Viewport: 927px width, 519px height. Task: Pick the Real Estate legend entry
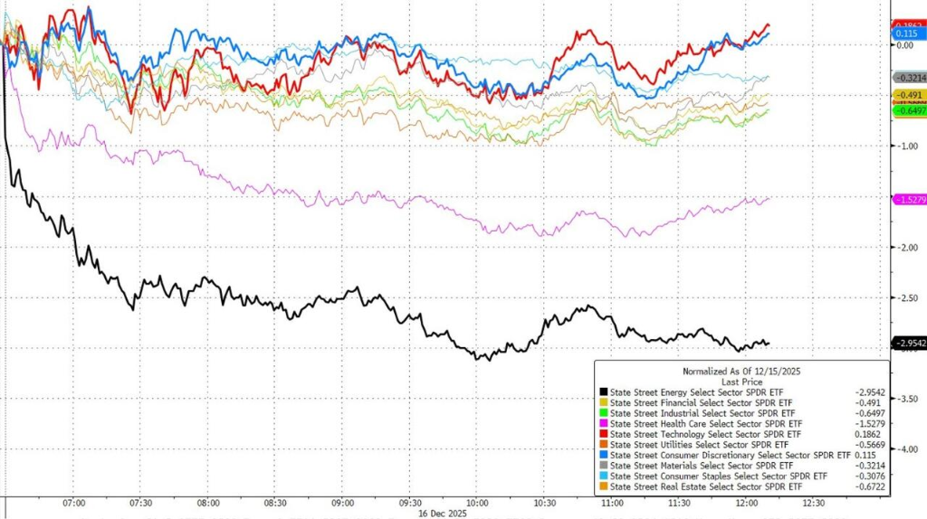pyautogui.click(x=706, y=487)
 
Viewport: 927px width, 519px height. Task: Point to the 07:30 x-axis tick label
pyautogui.click(x=139, y=503)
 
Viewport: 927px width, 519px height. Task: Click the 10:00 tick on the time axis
pyautogui.click(x=477, y=503)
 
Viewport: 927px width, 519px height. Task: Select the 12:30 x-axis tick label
pyautogui.click(x=813, y=503)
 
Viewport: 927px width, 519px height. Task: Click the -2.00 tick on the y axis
pyautogui.click(x=907, y=247)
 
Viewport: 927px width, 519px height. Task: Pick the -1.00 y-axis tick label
pyautogui.click(x=907, y=146)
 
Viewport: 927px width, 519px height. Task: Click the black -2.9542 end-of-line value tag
pyautogui.click(x=909, y=344)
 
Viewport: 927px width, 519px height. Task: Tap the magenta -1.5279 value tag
pyautogui.click(x=909, y=199)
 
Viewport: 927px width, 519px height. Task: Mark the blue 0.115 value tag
pyautogui.click(x=906, y=33)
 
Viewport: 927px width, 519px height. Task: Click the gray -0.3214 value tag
pyautogui.click(x=909, y=79)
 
